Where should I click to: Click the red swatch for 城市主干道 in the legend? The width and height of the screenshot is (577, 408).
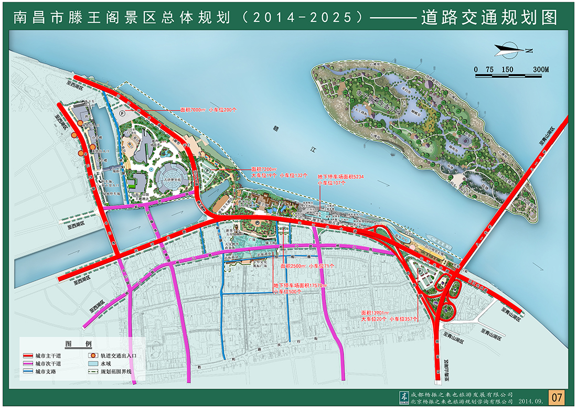point(27,356)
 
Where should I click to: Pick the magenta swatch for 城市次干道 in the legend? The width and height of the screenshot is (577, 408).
point(27,363)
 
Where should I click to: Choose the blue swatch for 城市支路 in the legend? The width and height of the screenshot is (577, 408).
point(27,371)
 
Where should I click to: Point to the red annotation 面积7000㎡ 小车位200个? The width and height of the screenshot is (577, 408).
point(208,110)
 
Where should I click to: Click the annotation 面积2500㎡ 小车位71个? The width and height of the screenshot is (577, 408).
point(307,266)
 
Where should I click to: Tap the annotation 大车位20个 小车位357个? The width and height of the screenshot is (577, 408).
point(389,318)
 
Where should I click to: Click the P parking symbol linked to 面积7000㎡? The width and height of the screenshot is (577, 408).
point(122,113)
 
